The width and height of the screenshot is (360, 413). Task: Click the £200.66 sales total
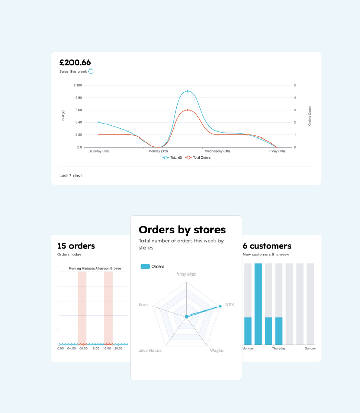(x=75, y=63)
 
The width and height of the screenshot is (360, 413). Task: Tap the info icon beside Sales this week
(x=91, y=72)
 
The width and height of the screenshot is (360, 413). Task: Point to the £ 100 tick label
(x=78, y=85)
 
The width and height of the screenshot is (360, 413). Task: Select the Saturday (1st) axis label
(x=99, y=151)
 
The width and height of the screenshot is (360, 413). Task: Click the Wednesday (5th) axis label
(x=217, y=151)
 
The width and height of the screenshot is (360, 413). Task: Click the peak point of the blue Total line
(x=188, y=91)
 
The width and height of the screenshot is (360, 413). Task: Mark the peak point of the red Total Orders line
(x=188, y=110)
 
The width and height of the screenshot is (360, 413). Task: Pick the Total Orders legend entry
(x=198, y=158)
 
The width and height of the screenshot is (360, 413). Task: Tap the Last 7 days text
(x=71, y=175)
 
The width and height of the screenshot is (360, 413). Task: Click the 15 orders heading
(x=76, y=246)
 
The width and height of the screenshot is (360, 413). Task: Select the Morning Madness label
(x=82, y=269)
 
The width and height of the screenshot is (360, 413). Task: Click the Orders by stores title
(x=182, y=230)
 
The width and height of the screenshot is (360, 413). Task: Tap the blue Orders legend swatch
(x=145, y=267)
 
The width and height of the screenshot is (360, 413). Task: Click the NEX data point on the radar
(x=220, y=306)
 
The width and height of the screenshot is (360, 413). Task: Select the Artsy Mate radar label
(x=186, y=274)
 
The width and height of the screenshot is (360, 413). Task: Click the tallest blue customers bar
(x=258, y=304)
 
